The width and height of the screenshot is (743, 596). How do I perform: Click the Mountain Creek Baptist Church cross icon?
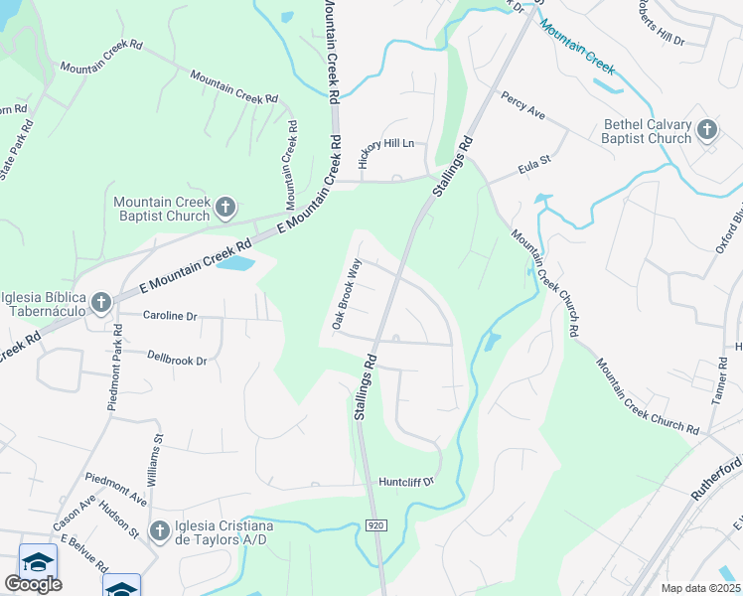(225, 208)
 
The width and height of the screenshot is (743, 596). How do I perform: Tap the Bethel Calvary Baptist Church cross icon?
(706, 129)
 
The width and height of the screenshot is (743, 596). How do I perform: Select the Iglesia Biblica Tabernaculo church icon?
(100, 301)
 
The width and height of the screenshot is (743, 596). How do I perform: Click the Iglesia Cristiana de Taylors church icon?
(159, 532)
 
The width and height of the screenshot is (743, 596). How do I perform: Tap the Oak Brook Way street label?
(345, 295)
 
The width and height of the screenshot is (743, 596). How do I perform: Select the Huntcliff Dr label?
(406, 482)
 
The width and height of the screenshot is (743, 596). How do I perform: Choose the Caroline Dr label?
(170, 316)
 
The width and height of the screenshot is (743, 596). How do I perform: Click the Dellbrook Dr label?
(177, 360)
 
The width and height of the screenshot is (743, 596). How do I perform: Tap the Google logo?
(33, 584)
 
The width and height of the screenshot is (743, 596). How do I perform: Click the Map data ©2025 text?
(700, 588)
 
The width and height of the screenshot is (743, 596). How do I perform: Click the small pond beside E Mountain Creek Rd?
(234, 264)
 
